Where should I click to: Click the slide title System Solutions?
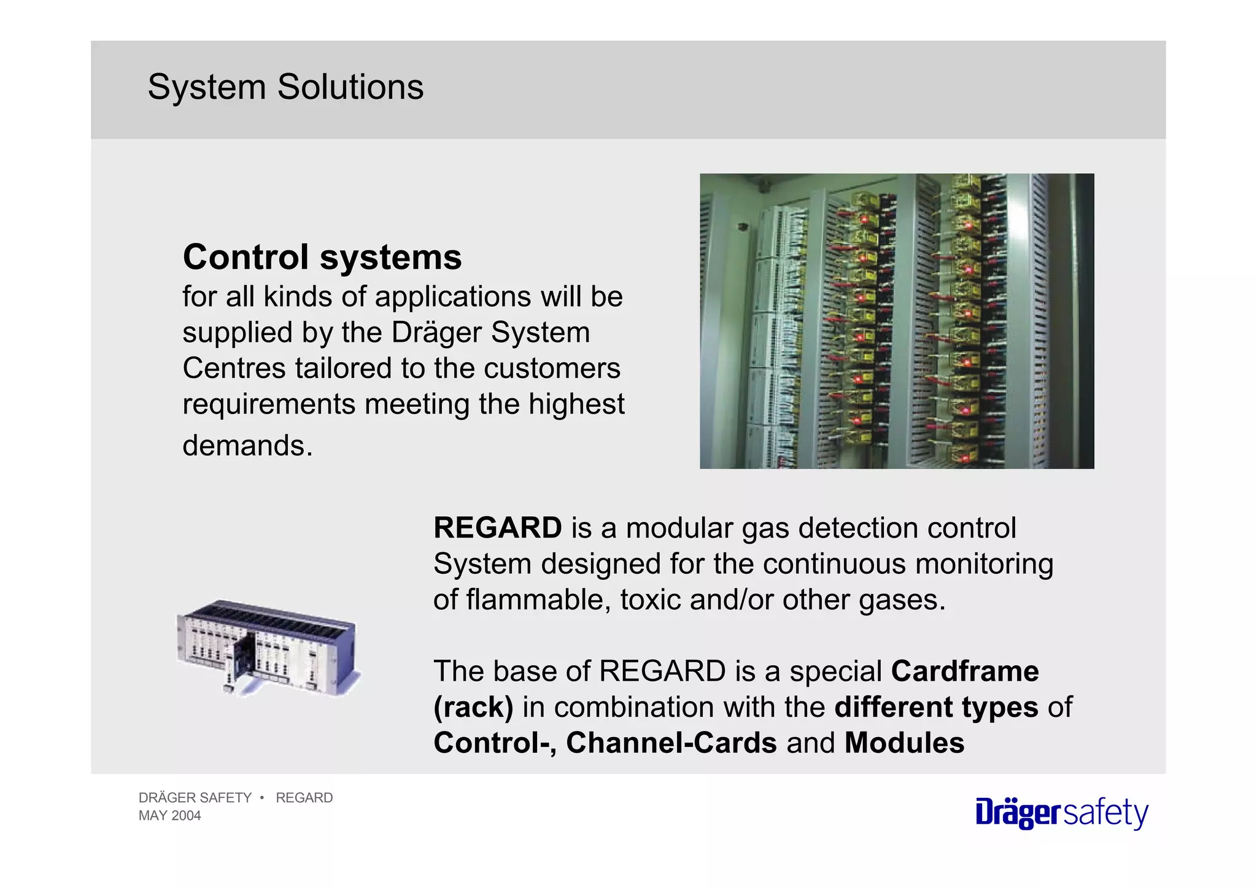285,87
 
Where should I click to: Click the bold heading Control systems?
322,257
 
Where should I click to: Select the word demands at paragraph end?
247,446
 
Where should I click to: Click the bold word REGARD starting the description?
497,528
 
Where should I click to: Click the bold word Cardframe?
965,671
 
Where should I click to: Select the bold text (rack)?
473,707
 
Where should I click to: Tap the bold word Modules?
904,743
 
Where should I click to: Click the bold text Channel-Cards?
671,743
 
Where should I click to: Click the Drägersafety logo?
1062,813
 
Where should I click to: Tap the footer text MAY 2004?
170,816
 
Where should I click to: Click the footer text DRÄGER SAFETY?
195,798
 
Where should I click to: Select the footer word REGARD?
304,798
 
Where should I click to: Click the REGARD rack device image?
268,648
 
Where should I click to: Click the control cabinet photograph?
897,321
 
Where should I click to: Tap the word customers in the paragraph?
552,369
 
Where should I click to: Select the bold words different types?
936,707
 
